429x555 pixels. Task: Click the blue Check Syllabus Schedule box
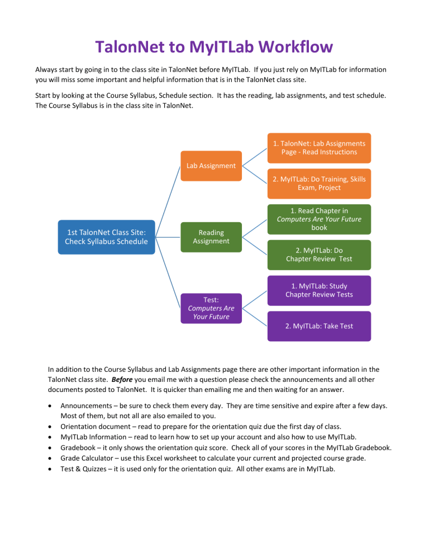pos(106,237)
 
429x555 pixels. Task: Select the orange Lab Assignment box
pos(211,165)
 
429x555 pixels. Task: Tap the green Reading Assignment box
pos(211,237)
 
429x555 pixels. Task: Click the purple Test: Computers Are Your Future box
pos(211,308)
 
